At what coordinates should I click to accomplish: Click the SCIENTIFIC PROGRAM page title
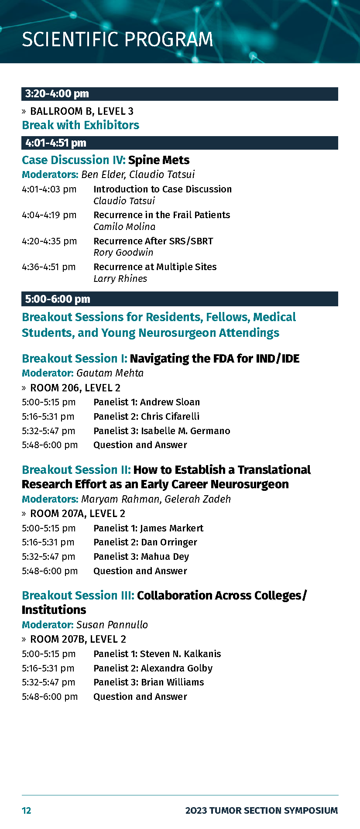117,40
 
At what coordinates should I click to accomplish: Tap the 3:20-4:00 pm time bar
180,94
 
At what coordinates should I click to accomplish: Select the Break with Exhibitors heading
81,125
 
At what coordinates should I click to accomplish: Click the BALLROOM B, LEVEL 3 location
82,111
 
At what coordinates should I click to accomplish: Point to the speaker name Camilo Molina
124,227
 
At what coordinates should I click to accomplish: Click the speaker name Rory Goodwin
123,253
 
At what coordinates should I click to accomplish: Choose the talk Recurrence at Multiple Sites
155,267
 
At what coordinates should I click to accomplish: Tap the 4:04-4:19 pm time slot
49,215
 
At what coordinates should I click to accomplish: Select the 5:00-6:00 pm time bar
180,299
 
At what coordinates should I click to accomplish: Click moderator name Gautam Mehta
110,373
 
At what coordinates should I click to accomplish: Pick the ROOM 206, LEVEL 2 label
75,388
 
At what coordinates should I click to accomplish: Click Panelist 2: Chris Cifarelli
147,416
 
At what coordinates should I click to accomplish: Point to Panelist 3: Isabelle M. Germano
162,431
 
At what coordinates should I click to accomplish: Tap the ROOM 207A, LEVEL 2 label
78,514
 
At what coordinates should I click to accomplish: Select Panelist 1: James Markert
148,528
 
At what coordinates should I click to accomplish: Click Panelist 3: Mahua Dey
141,557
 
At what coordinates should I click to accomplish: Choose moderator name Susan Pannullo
112,625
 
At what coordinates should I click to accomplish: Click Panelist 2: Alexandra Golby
153,668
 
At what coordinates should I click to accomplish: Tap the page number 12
27,811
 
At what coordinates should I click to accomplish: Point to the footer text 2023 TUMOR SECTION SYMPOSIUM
262,811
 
